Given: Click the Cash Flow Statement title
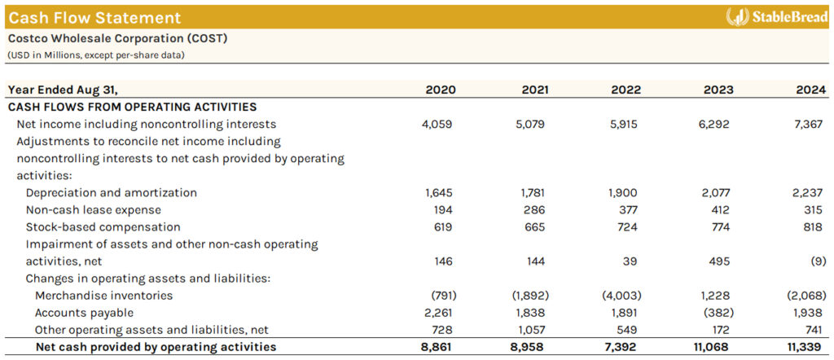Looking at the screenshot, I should click(94, 17).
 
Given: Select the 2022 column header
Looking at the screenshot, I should click(625, 90).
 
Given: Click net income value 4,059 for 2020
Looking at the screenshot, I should click(437, 125).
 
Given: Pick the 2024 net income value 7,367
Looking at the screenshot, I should click(808, 125).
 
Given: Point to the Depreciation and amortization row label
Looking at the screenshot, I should click(112, 193).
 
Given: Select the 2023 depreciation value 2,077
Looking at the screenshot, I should click(715, 193).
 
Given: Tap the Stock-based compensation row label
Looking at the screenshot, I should click(103, 227).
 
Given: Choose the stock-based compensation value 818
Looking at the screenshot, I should click(813, 227).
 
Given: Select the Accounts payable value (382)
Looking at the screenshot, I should click(716, 313).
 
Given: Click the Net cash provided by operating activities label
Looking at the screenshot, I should click(156, 347).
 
